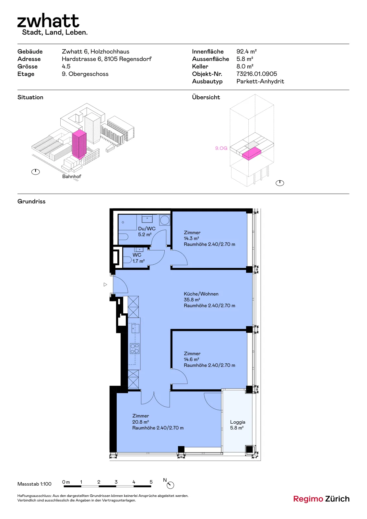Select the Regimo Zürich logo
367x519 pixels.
click(x=321, y=499)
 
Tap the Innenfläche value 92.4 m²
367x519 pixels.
click(x=246, y=52)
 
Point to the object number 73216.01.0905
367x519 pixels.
click(x=256, y=74)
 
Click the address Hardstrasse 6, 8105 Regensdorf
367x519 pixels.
click(x=107, y=59)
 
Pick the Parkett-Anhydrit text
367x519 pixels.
click(x=260, y=81)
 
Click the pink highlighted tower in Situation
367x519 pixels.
click(x=79, y=144)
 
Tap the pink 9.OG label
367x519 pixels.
click(x=221, y=148)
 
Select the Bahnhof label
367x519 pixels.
click(x=72, y=176)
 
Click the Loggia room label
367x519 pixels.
click(x=238, y=422)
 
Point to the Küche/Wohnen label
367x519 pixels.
click(x=201, y=294)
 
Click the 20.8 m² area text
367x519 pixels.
click(x=140, y=422)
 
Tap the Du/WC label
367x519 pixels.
click(x=147, y=229)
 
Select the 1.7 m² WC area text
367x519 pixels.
click(x=138, y=261)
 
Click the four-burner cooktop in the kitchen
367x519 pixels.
click(x=135, y=349)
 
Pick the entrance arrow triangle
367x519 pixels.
click(x=105, y=284)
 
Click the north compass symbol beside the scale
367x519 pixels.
click(x=170, y=485)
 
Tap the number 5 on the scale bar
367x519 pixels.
click(x=151, y=482)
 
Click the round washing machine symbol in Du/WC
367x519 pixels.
click(x=165, y=220)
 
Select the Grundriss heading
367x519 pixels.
click(x=31, y=201)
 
